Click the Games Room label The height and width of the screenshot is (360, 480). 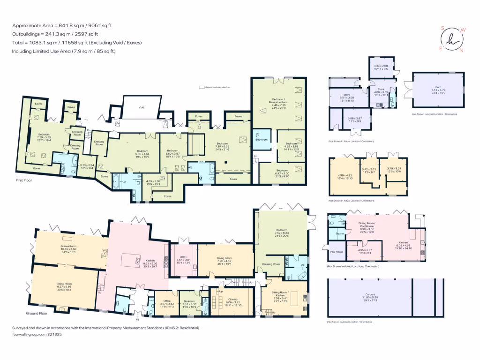[x=68, y=246]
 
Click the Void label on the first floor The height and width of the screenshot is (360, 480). [x=141, y=107]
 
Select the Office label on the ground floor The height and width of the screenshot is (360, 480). [x=167, y=301]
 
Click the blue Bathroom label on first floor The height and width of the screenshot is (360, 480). [x=261, y=139]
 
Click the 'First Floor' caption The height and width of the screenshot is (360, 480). [x=23, y=180]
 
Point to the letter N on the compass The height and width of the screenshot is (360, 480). [x=461, y=50]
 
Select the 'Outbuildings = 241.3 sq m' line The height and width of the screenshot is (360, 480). [x=55, y=34]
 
